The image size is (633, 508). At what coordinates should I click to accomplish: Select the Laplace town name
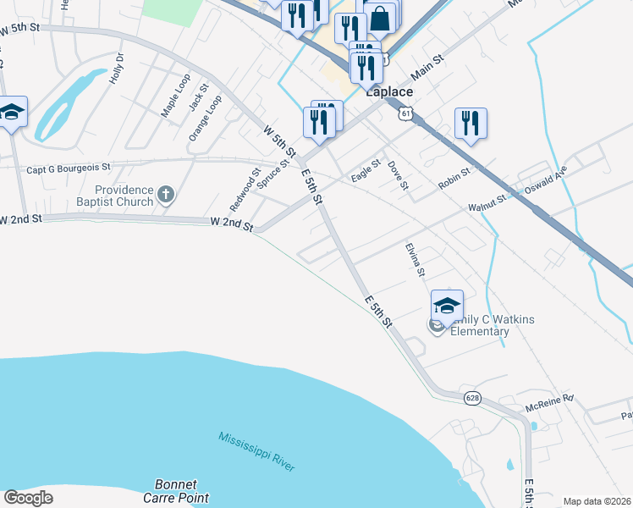[389, 92]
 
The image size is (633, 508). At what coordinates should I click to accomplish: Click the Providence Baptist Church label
[124, 196]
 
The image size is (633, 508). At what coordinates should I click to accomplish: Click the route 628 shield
[471, 397]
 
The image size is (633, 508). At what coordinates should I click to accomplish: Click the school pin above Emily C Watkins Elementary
[447, 305]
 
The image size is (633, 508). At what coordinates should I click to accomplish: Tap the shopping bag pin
[381, 19]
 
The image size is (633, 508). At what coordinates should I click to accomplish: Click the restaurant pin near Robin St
[471, 123]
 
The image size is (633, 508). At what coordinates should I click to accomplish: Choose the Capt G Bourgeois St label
[69, 168]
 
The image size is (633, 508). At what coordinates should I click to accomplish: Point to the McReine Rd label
[549, 396]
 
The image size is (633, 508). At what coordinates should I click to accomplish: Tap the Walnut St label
[487, 207]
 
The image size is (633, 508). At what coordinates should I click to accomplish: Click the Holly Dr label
[117, 69]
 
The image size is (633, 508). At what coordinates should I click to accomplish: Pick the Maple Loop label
[176, 96]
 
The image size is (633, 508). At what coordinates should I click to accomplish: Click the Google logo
[28, 497]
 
